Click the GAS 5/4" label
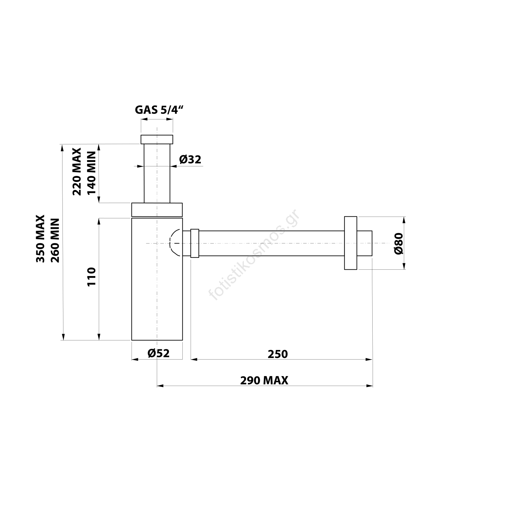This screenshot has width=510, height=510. point(159,110)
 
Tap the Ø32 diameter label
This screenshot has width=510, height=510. point(190,159)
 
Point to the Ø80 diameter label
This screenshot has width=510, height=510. point(399,244)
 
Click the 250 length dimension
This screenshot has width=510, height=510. point(278,354)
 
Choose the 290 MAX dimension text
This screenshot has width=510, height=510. point(264,380)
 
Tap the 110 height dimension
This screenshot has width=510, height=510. point(91,277)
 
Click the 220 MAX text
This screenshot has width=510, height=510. point(77,171)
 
